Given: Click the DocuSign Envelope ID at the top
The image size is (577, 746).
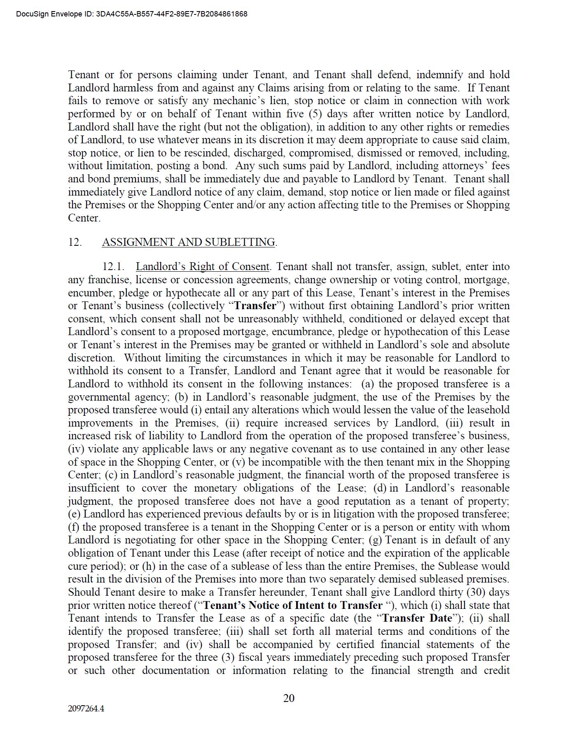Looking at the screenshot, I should pos(132,14).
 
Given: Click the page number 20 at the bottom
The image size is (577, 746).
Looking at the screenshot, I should pos(289,698).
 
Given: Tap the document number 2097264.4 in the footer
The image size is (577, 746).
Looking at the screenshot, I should pos(86,709).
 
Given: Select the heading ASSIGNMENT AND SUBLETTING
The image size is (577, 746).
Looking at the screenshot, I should pos(189,242).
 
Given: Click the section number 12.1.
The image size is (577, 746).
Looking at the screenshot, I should pos(113,267).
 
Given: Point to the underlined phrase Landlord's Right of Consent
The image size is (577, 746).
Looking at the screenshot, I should pos(202,267).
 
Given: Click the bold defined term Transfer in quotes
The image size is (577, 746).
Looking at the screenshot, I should pos(255,306).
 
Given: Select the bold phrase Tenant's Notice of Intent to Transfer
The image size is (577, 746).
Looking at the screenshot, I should pos(293,605).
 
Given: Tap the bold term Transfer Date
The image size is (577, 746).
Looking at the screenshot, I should pos(417,618).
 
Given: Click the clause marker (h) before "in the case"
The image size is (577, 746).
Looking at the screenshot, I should pos(148,566).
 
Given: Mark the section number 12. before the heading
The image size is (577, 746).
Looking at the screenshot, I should pos(75,242).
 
